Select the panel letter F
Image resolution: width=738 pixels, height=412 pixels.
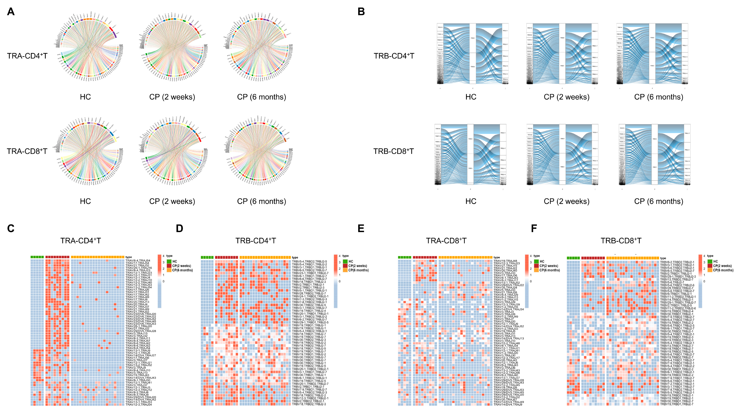(x=534, y=229)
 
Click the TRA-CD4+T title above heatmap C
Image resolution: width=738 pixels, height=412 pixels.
(x=81, y=241)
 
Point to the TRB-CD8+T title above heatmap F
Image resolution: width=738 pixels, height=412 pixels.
(x=621, y=241)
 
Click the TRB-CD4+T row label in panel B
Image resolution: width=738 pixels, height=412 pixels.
(x=394, y=56)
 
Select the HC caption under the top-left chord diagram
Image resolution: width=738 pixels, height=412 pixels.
(x=85, y=97)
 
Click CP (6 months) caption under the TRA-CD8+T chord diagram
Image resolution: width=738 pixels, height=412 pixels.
(x=261, y=201)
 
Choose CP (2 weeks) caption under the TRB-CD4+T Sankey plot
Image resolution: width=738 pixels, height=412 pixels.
(x=566, y=97)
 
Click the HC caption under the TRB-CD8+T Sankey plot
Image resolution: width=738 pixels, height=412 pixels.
(x=471, y=201)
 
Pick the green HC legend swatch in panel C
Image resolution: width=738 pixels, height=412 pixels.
(x=169, y=261)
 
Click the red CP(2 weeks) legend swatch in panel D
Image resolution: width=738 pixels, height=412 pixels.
(x=345, y=266)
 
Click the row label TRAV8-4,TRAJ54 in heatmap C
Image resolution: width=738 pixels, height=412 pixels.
(x=138, y=261)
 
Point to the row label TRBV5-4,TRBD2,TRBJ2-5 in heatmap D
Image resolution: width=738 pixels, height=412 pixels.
(x=309, y=262)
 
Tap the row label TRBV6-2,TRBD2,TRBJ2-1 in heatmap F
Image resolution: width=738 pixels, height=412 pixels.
(x=677, y=262)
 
